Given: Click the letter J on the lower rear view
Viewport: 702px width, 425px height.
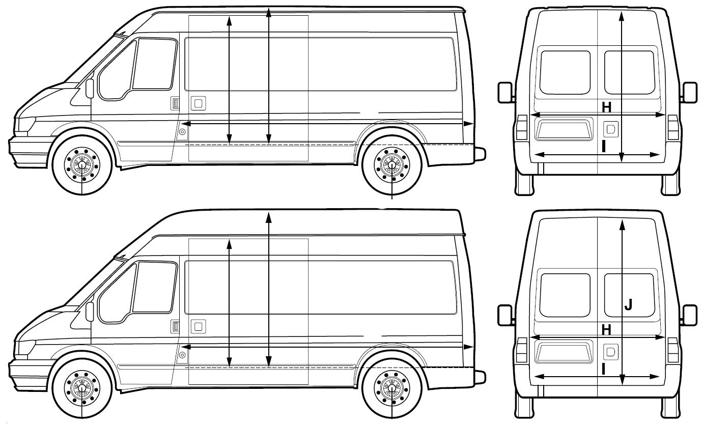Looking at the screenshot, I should pos(629,304).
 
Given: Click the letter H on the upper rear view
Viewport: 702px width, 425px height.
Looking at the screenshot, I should pos(606,107).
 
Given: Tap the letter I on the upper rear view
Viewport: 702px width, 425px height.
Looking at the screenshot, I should pos(603,147).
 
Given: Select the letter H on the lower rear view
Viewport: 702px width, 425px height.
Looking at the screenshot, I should pos(606,330).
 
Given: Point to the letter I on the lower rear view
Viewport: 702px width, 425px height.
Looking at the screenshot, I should pos(603,369).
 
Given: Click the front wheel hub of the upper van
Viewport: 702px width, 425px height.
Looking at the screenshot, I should pos(81,164).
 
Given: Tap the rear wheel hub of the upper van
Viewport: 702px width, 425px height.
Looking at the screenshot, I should pos(391,164).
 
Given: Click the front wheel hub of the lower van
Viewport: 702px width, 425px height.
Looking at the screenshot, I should pos(81,387).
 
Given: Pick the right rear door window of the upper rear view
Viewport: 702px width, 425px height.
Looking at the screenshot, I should pos(629,72).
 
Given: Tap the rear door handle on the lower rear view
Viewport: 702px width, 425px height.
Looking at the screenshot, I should pos(610,351).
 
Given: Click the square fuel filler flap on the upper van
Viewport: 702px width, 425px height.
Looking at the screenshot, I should pos(198,103).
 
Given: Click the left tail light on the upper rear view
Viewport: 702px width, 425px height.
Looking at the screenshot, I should pos(523,128).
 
